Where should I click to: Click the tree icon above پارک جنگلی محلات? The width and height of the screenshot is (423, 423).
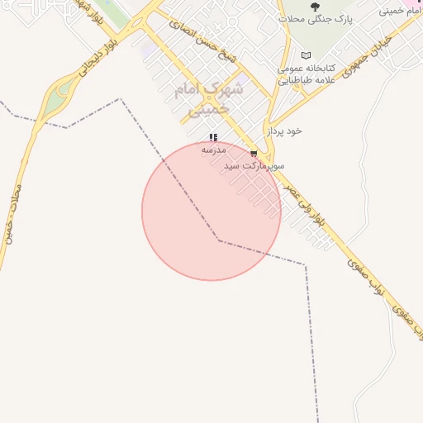(x=314, y=7)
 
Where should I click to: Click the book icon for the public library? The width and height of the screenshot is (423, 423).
(x=306, y=56)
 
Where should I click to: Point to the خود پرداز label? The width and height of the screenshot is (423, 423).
(x=283, y=131)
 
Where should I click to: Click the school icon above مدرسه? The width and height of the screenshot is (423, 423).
(x=213, y=138)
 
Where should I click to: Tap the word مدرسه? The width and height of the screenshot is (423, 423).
(x=213, y=150)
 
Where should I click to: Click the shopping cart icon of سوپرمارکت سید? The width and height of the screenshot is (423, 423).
(x=254, y=154)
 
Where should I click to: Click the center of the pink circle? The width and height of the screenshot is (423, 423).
(x=211, y=211)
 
